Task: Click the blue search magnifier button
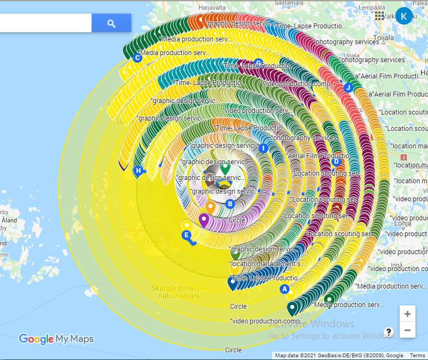111,23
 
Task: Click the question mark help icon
389,332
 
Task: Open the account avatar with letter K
404,16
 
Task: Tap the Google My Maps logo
56,339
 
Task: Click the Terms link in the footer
417,356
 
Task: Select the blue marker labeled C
137,58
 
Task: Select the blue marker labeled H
138,171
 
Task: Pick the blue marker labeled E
186,235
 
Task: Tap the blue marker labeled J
348,87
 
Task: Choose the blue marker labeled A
284,289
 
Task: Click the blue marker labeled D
336,161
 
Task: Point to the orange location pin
210,207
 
